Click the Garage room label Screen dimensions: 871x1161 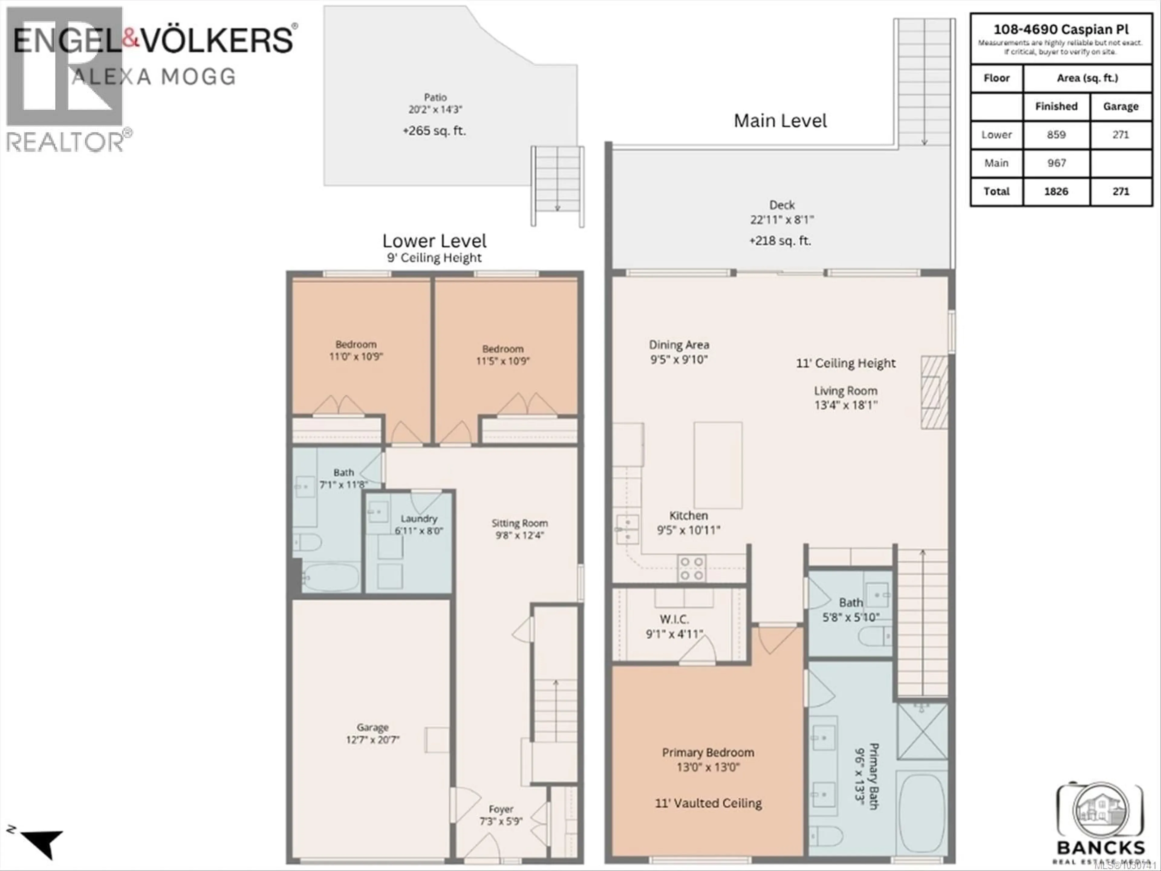click(373, 727)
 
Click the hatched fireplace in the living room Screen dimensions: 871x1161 click(934, 392)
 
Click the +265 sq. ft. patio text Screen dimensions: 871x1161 click(434, 131)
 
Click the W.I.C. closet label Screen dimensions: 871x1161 click(674, 619)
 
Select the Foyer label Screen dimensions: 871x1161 click(501, 809)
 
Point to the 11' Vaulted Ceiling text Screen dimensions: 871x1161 click(708, 803)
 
